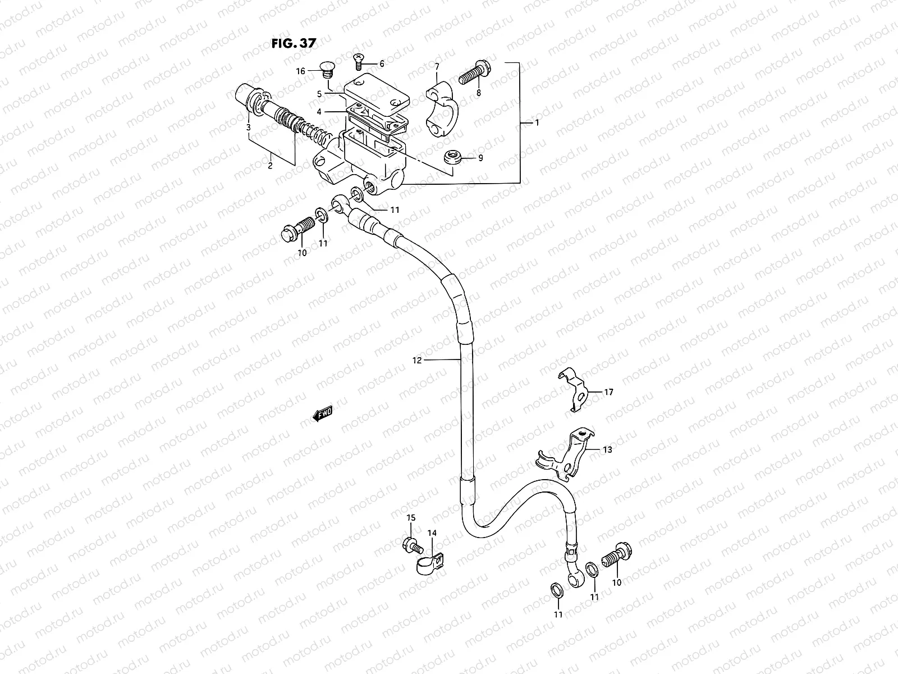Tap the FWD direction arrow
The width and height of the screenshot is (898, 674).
(323, 415)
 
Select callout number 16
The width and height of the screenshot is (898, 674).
(301, 71)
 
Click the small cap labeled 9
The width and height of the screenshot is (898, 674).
(451, 157)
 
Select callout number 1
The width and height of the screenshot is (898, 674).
(537, 122)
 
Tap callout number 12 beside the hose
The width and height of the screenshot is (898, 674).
(416, 361)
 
